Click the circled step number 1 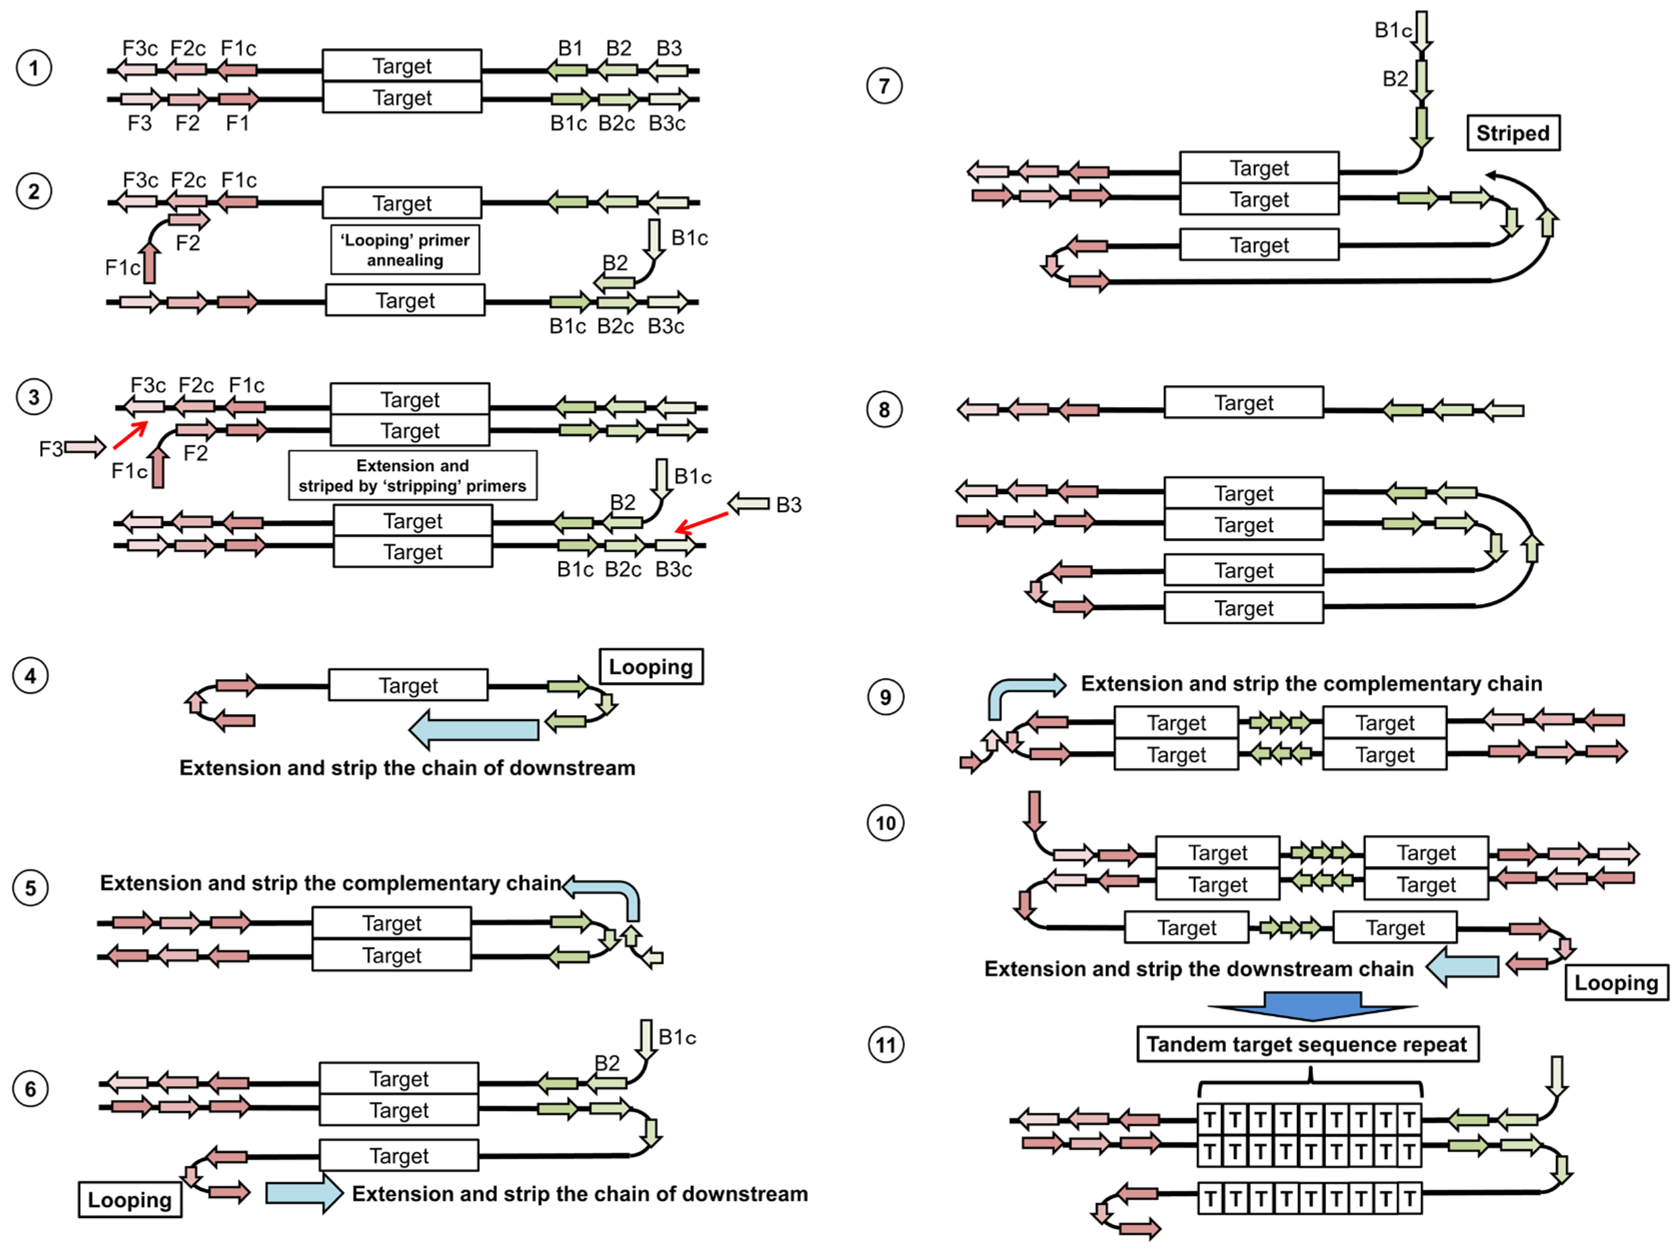(33, 68)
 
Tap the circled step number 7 (883, 86)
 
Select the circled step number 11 (885, 1045)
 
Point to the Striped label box (1512, 134)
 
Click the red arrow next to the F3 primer (130, 435)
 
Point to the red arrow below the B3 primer (701, 522)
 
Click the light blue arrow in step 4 (473, 729)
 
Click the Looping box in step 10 (1615, 983)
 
